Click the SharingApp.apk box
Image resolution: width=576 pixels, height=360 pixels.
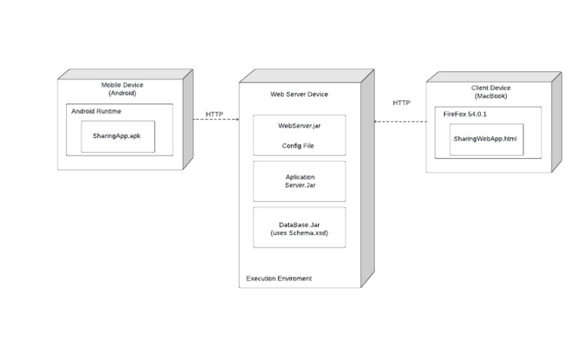point(118,136)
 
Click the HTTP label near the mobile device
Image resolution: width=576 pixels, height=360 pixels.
point(214,114)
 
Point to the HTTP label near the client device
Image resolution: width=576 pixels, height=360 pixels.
point(401,102)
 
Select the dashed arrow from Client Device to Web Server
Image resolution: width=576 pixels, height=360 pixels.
point(400,121)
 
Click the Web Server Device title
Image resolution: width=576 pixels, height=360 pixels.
point(299,94)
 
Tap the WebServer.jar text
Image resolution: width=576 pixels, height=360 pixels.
point(299,125)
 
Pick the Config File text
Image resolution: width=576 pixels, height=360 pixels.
point(298,145)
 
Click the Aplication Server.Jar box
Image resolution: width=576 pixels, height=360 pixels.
point(299,181)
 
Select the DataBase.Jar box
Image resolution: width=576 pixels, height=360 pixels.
point(299,227)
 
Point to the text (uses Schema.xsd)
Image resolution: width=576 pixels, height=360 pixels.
point(299,233)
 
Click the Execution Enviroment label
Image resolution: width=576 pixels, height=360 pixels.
point(279,278)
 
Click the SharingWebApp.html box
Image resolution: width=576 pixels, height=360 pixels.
point(486,139)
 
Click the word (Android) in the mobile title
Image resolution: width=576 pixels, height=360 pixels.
point(122,93)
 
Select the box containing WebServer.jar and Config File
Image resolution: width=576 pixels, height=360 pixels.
point(299,135)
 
